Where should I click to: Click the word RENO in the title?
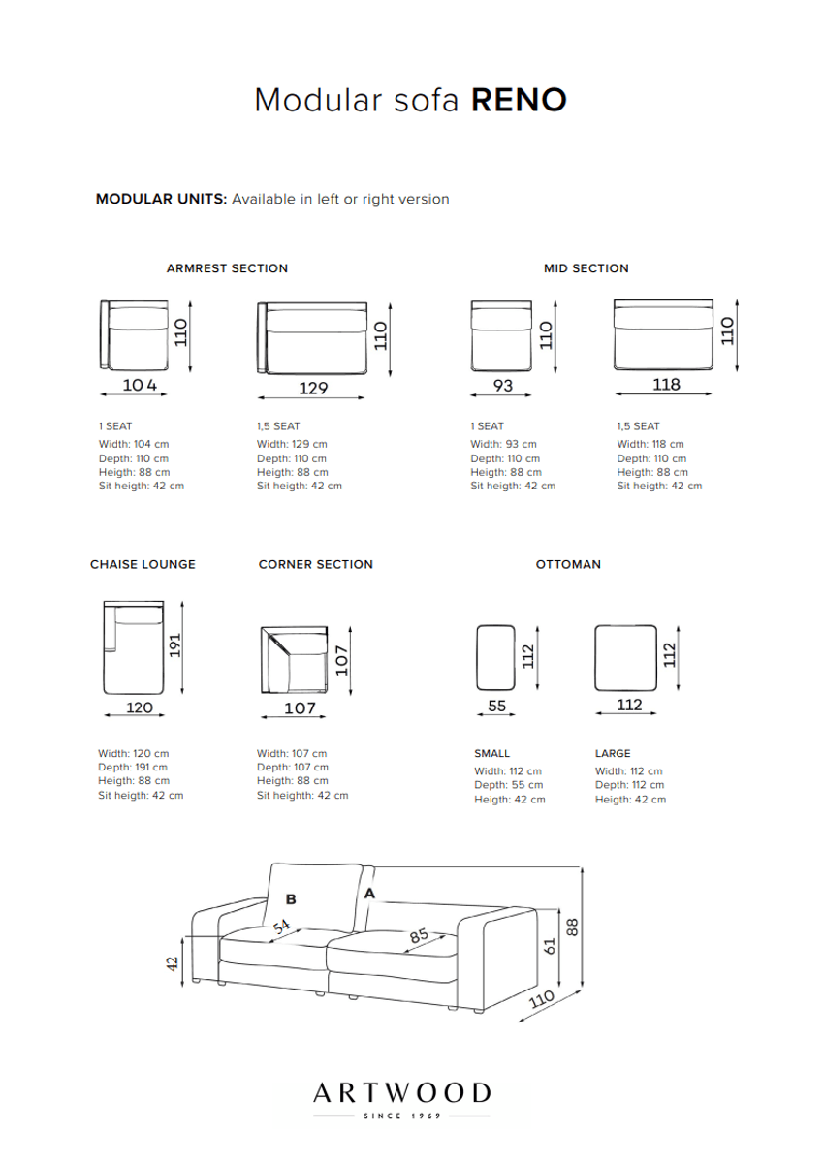pos(519,100)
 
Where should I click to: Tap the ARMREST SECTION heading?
pos(227,268)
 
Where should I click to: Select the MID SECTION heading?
pos(586,268)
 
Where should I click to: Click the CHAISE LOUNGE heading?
pos(143,564)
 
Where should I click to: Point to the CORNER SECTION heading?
pos(316,564)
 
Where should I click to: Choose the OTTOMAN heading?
pos(568,564)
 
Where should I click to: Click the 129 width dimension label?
pos(313,388)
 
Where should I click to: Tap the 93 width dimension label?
pos(502,386)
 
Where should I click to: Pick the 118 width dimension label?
pos(666,385)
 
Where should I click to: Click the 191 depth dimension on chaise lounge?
pos(175,646)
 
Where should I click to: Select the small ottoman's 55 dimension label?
pos(497,707)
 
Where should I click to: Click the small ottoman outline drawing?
pos(496,658)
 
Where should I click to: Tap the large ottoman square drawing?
pos(628,658)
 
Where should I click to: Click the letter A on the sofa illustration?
pos(368,895)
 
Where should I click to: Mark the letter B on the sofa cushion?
pos(290,899)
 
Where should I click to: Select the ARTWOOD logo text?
pos(401,1093)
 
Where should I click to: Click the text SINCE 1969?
pos(401,1117)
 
